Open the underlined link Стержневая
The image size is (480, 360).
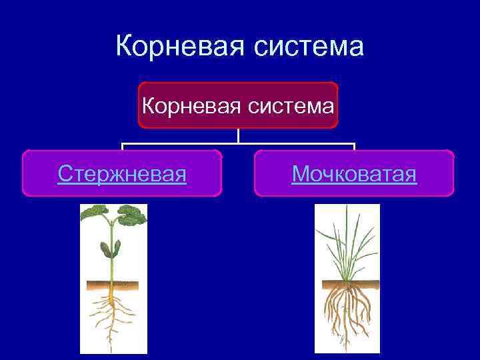(x=122, y=174)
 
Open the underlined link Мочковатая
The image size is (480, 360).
(x=354, y=174)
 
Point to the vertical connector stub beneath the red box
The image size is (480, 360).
(x=238, y=135)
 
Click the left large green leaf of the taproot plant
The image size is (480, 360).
(x=94, y=214)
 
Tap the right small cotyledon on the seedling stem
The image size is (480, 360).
(x=118, y=249)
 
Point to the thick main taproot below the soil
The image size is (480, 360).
(x=112, y=307)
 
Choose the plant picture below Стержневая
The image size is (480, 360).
(x=113, y=279)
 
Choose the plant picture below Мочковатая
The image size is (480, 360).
(x=347, y=279)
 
